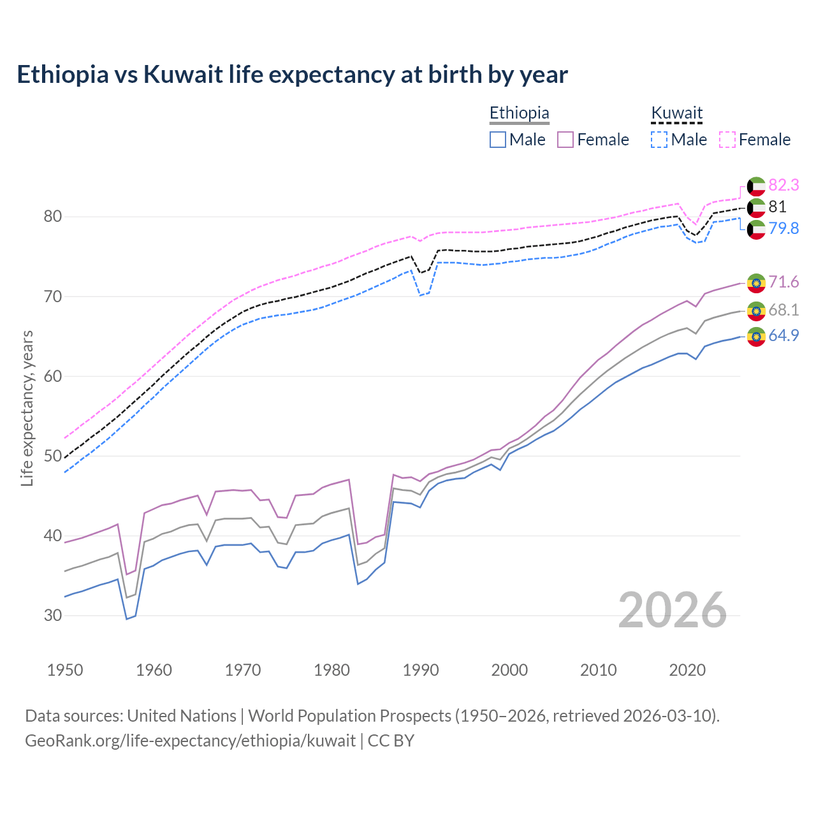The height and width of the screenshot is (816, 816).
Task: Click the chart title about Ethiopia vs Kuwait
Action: click(292, 75)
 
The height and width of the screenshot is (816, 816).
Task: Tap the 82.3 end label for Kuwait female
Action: click(783, 185)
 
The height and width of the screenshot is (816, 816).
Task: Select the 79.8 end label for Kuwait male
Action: click(783, 228)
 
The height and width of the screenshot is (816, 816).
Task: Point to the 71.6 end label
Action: click(783, 282)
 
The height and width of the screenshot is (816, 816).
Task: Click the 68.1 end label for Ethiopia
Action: click(783, 310)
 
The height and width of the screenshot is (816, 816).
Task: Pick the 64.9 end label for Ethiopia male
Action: click(783, 335)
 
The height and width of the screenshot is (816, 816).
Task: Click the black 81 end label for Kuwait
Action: click(777, 207)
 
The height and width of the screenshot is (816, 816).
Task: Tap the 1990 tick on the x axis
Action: click(421, 670)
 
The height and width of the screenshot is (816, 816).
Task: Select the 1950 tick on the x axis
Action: click(65, 670)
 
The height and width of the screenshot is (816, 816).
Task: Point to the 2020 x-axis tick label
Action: click(687, 670)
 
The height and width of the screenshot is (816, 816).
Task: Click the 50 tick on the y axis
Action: click(53, 456)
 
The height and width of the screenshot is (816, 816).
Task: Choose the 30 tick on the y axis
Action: click(53, 615)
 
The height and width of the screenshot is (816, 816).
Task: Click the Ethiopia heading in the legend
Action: click(519, 113)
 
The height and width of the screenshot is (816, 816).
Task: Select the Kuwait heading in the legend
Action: click(676, 113)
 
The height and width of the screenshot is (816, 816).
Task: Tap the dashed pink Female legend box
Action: click(727, 140)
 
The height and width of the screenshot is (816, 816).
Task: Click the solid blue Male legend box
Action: click(498, 140)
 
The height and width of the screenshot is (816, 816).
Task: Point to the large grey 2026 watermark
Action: click(672, 610)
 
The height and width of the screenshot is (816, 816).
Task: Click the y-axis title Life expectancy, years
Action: click(27, 408)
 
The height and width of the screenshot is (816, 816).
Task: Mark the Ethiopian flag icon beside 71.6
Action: click(756, 282)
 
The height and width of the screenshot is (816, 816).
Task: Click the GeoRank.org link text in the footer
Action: click(190, 741)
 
